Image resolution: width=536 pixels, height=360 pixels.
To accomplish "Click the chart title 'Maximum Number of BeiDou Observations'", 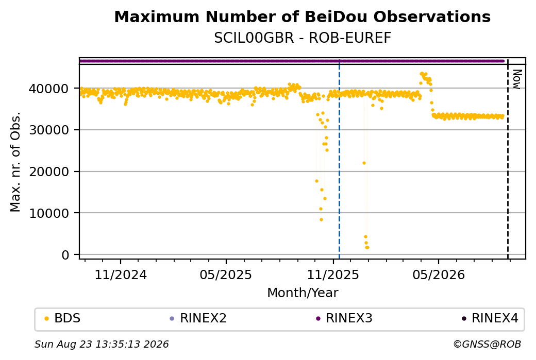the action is point(302,16).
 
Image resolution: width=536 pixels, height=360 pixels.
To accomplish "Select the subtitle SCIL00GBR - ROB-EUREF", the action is point(303,38).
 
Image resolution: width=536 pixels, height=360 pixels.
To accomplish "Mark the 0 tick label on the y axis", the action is point(65,255).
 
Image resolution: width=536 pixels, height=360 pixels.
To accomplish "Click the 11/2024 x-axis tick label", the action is point(121,275).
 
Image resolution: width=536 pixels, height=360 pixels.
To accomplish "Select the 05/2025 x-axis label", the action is point(226,275).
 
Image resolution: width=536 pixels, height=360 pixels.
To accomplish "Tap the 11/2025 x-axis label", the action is point(333,275).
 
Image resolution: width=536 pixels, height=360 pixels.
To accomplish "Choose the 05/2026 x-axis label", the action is point(439,275).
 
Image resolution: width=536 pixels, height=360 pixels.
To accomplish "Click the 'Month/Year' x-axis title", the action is point(303,293).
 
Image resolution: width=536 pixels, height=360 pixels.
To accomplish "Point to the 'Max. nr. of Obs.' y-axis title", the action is point(15,162).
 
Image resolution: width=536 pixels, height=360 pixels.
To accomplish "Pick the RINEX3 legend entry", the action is point(344,318).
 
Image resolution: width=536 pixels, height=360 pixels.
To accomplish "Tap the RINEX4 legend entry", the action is point(490,318).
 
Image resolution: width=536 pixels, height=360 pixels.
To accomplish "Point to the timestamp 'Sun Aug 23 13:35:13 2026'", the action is point(102,344).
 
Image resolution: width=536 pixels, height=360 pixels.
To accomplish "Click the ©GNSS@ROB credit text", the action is point(487,344).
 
